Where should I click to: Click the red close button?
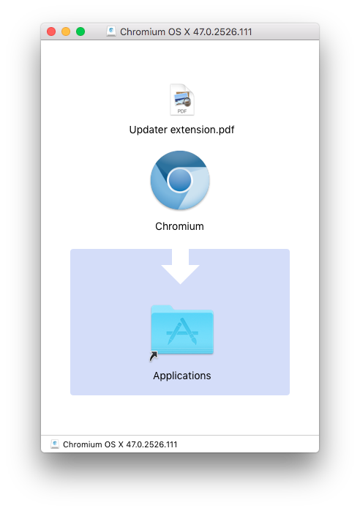tap(51, 31)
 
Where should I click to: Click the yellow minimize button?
tap(66, 31)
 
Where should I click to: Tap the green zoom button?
tap(80, 31)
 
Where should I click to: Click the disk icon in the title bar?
tap(111, 31)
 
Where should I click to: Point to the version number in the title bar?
tap(222, 32)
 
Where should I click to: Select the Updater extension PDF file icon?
tap(182, 100)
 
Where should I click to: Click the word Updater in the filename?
tap(149, 130)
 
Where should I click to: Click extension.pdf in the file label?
tap(202, 130)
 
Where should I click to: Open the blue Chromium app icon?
tap(180, 180)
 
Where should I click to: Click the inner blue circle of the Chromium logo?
tap(179, 180)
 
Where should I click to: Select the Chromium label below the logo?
tap(179, 226)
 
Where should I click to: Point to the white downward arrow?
tap(180, 266)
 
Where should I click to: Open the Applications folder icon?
tap(182, 329)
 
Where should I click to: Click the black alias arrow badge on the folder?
tap(154, 357)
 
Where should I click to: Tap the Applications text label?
tap(182, 376)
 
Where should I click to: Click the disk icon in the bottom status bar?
tap(55, 444)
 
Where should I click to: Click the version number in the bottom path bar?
tap(151, 444)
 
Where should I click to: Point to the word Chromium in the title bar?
tap(143, 32)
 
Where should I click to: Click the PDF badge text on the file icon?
tap(182, 111)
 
